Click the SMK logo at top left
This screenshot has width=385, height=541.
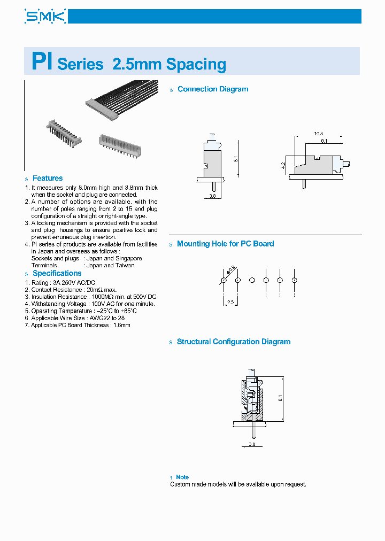pyautogui.click(x=45, y=16)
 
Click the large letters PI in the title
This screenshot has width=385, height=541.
pyautogui.click(x=41, y=61)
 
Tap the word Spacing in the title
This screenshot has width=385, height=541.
pyautogui.click(x=196, y=64)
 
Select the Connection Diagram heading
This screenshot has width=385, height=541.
pyautogui.click(x=213, y=89)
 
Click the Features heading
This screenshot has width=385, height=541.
pyautogui.click(x=48, y=178)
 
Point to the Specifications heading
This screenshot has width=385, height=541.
pyautogui.click(x=57, y=273)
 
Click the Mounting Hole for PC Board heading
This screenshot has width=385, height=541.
pyautogui.click(x=225, y=244)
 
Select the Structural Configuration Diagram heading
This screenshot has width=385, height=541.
pyautogui.click(x=234, y=342)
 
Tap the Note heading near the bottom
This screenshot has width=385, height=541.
pyautogui.click(x=182, y=477)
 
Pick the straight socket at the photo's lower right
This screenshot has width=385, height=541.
pyautogui.click(x=121, y=144)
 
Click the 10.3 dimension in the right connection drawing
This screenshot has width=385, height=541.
pyautogui.click(x=319, y=133)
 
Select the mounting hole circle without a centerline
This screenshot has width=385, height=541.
pyautogui.click(x=251, y=280)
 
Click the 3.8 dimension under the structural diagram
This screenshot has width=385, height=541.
pyautogui.click(x=252, y=444)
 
